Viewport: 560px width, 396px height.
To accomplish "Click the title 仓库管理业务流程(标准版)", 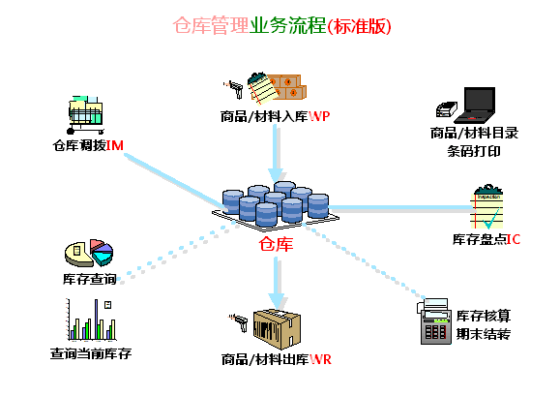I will click(280, 26).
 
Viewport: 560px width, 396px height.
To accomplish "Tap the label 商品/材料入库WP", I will click(276, 117).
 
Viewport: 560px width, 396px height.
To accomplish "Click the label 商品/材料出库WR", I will click(276, 360).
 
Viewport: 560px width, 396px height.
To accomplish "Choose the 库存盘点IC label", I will click(486, 238).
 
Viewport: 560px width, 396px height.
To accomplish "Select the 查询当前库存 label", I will click(90, 353).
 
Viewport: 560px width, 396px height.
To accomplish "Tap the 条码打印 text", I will click(473, 151).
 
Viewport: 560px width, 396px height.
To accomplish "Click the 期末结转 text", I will click(483, 335).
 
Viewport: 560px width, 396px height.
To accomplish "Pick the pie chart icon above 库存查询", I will click(89, 254).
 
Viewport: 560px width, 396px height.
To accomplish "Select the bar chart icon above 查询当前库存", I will click(90, 320).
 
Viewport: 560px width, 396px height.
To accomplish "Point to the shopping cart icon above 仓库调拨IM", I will click(85, 116).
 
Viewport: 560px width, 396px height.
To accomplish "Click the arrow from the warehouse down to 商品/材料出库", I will click(279, 281).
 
